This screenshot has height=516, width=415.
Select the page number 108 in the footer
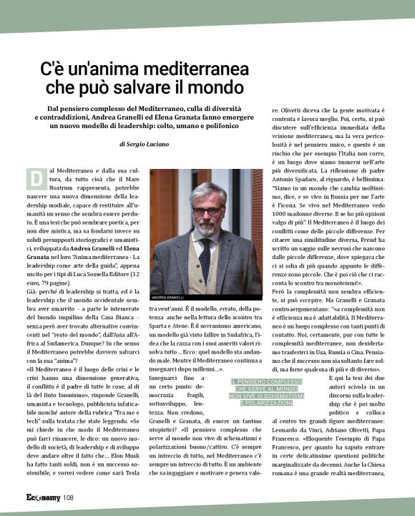68,499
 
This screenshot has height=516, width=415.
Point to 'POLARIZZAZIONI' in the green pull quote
261,404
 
